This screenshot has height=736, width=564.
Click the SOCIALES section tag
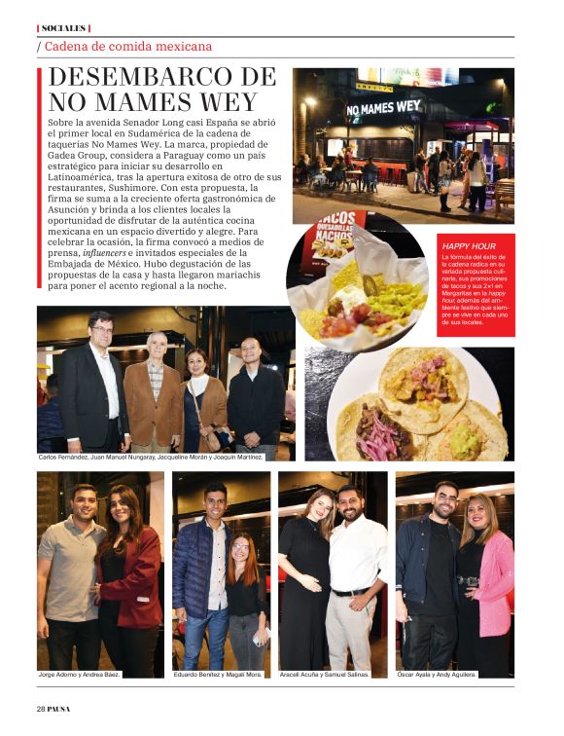click(x=63, y=28)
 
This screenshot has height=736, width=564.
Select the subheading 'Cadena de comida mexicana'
click(x=127, y=46)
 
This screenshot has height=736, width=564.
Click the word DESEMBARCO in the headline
click(x=143, y=78)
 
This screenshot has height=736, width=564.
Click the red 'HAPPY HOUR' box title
click(x=468, y=246)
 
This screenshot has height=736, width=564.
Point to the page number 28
click(x=42, y=708)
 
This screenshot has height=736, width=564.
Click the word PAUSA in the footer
click(x=60, y=708)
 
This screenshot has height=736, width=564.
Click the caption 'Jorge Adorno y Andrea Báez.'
click(x=80, y=674)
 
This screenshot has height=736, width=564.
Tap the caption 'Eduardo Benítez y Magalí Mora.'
click(x=217, y=674)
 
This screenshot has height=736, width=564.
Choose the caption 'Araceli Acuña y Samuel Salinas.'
click(x=325, y=674)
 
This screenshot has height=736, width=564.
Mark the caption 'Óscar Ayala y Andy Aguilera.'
click(x=449, y=674)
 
